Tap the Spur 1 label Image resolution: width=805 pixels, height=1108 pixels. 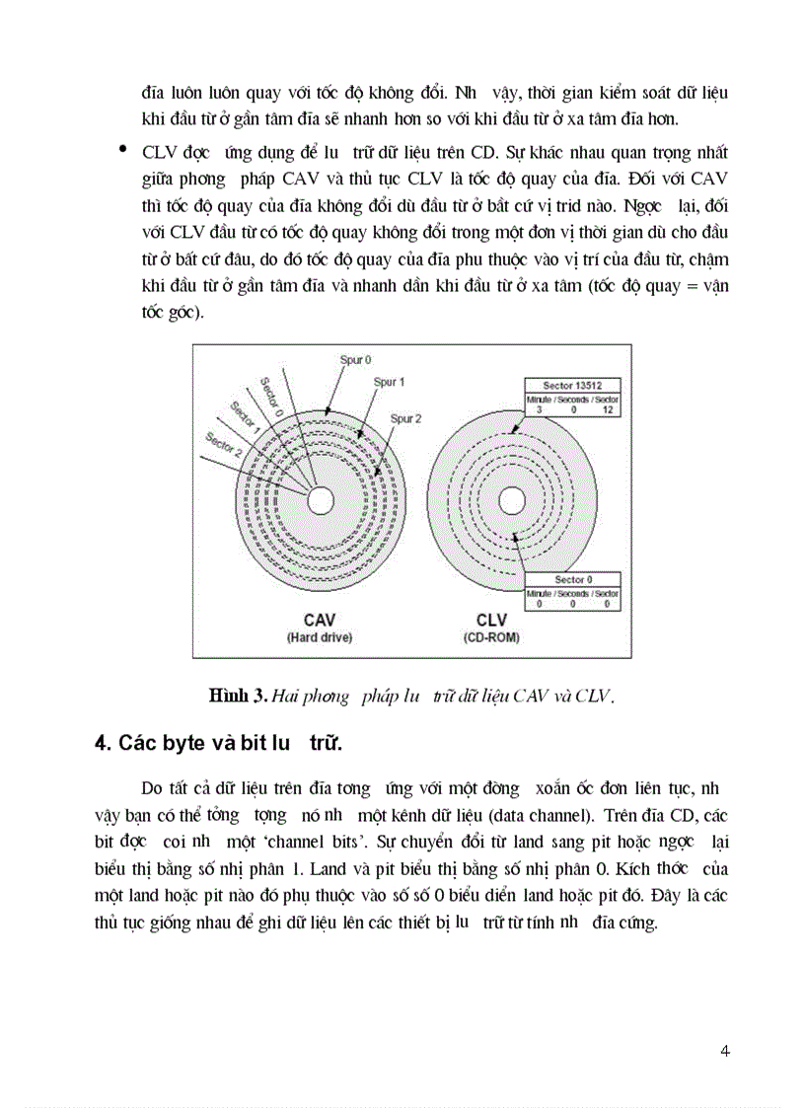389,381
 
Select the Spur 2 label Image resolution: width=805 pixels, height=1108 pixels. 405,418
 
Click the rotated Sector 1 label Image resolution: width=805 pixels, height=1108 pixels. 244,416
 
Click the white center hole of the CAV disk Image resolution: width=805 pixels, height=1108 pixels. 320,500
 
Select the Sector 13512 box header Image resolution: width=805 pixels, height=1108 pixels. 571,385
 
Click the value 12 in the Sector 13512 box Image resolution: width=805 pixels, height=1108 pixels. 607,408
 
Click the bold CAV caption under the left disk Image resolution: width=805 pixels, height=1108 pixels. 320,620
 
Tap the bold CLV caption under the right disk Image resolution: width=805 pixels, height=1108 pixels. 491,620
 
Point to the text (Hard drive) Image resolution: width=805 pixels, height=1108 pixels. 320,637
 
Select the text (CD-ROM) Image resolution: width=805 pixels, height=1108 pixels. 491,637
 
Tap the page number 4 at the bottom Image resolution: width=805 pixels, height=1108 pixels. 725,1050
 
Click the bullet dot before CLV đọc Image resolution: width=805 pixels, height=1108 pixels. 122,149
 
